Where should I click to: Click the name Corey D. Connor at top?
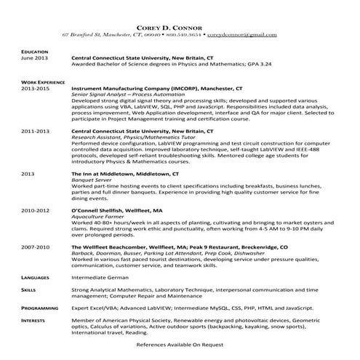click(x=180, y=26)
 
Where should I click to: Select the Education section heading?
click(x=34, y=52)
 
